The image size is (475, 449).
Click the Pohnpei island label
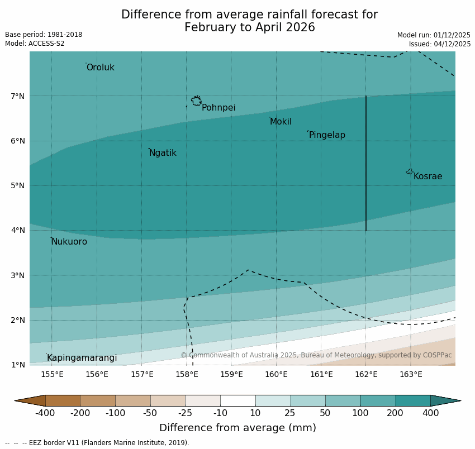[x=218, y=108]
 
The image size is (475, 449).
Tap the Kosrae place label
[x=427, y=176]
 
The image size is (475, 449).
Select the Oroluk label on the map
[x=100, y=68]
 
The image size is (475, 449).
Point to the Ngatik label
[x=163, y=153]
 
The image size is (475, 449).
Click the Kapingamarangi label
[x=82, y=358]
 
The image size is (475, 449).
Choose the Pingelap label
[x=327, y=135]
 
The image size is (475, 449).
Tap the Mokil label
[x=281, y=122]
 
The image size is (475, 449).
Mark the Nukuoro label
[x=69, y=242]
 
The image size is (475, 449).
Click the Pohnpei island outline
[x=196, y=101]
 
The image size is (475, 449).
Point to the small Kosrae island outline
[x=410, y=171]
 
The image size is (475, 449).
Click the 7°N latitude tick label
[x=18, y=96]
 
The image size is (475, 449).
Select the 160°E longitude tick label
[x=276, y=374]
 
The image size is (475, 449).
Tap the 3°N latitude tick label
[x=18, y=275]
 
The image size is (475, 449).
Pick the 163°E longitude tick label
[x=411, y=374]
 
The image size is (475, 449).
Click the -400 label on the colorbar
[x=45, y=413]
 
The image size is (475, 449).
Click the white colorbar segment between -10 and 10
[x=237, y=400]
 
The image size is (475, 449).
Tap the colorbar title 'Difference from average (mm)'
[x=237, y=428]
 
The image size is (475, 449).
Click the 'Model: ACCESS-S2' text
[x=35, y=44]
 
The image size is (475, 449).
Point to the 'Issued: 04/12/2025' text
[x=439, y=44]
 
